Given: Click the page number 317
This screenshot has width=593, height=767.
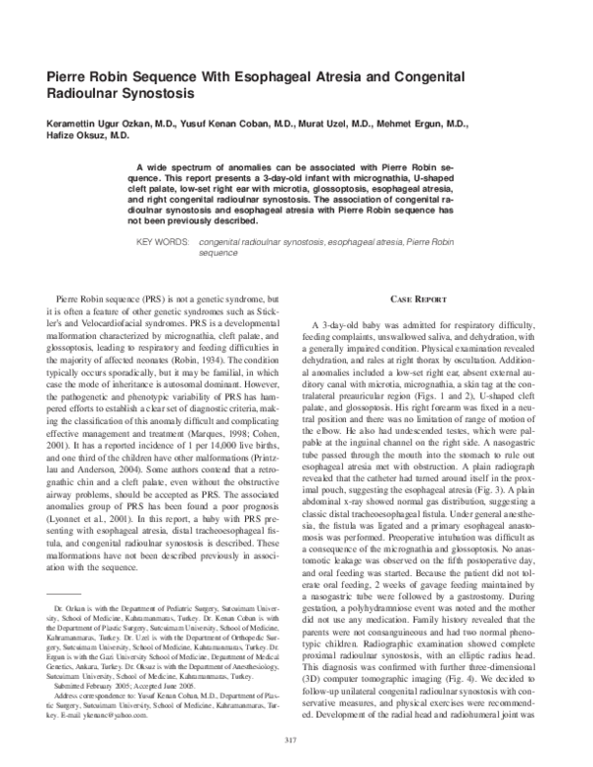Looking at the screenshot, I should (296, 739).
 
